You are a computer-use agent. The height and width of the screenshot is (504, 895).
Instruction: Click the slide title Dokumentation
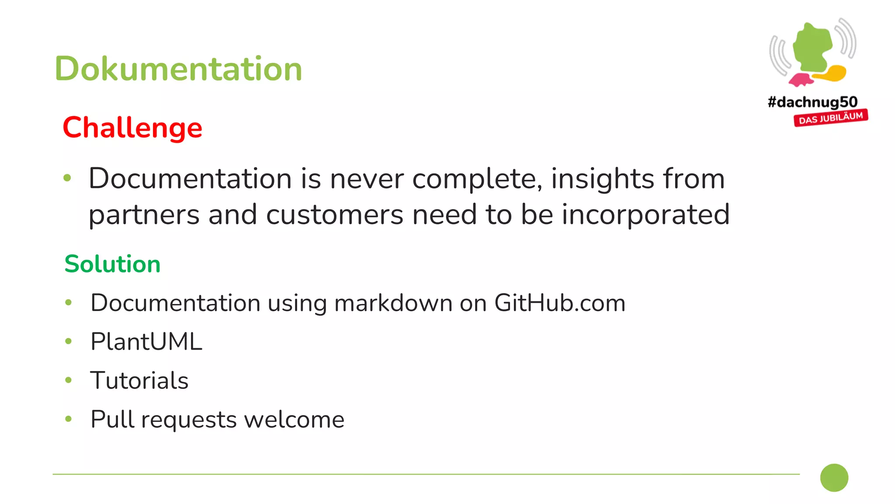click(x=178, y=69)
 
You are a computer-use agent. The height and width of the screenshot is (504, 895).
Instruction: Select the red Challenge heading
click(x=132, y=128)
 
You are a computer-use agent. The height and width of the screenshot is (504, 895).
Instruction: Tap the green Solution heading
click(x=112, y=264)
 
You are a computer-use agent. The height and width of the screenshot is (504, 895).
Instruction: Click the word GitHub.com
click(x=560, y=303)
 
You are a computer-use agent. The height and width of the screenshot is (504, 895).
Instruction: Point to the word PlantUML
click(x=146, y=342)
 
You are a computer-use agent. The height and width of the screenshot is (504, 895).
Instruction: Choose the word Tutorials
click(x=139, y=380)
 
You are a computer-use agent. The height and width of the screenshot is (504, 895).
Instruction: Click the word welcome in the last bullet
click(x=294, y=420)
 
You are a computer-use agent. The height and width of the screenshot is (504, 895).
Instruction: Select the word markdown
click(x=393, y=303)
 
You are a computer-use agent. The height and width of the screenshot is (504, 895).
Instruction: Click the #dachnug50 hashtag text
click(x=812, y=102)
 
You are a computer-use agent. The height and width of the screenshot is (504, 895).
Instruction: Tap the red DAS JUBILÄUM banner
click(x=831, y=118)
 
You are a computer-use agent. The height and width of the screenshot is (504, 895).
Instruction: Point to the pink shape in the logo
click(x=801, y=80)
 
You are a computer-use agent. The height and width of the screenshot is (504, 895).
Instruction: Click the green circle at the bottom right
click(x=834, y=478)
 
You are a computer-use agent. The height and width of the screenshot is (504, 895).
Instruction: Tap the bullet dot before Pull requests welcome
click(x=68, y=419)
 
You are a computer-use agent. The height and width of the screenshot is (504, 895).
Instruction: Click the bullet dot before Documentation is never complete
click(x=67, y=178)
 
